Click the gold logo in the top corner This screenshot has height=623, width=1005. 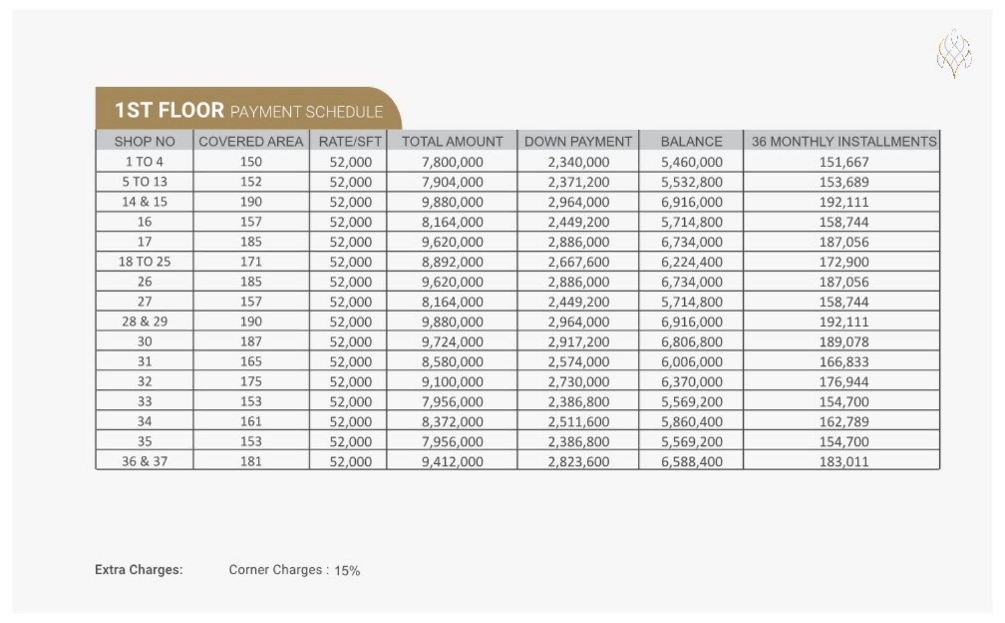click(x=954, y=53)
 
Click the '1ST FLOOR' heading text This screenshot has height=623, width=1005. click(x=169, y=110)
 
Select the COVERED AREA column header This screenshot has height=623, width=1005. click(x=251, y=141)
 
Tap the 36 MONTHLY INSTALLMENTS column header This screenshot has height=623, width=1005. click(x=844, y=141)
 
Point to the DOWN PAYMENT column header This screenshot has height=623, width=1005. click(x=578, y=141)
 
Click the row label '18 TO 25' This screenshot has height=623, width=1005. click(x=145, y=262)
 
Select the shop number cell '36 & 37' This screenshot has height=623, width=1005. click(x=145, y=461)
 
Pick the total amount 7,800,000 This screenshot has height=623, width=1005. click(x=452, y=162)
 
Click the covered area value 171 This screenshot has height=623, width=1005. click(x=251, y=262)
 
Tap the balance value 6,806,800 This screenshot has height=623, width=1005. click(x=691, y=341)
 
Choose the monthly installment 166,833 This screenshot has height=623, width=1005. click(x=844, y=361)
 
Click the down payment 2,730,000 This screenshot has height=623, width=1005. click(x=578, y=382)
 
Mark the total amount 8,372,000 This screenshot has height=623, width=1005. click(x=452, y=421)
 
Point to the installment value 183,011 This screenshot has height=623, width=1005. click(x=844, y=461)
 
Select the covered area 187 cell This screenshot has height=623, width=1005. click(x=251, y=341)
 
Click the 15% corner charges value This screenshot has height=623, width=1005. click(x=347, y=571)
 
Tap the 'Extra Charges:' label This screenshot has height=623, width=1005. click(x=139, y=570)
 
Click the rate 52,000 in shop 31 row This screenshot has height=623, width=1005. click(x=350, y=361)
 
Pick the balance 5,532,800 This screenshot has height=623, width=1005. click(x=691, y=182)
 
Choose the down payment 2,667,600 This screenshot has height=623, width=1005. click(x=578, y=262)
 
